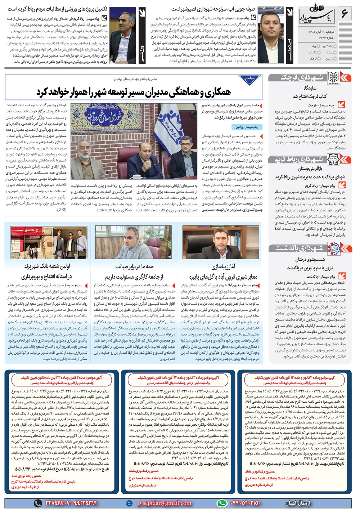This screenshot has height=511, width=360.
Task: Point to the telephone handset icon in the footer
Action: coord(38,503)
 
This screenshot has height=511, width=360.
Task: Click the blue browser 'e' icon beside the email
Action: coord(130,503)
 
